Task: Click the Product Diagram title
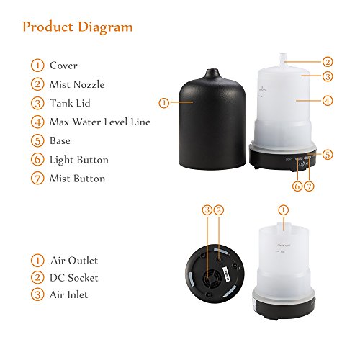77,27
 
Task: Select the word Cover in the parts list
63,66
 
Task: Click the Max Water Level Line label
100,122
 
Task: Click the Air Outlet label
73,260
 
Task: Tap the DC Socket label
74,277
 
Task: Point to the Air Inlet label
70,294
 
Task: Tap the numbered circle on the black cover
163,103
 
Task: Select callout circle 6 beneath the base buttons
297,186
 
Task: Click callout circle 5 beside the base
328,153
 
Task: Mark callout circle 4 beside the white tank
328,101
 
